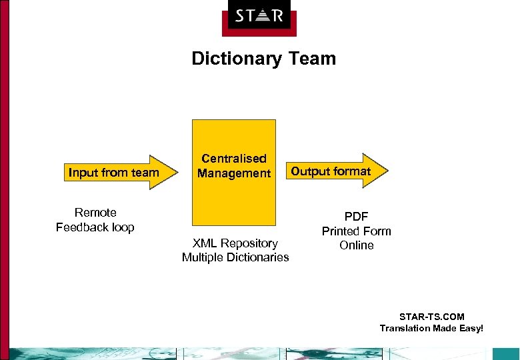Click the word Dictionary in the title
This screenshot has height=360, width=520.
point(238,59)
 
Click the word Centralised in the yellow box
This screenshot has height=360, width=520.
point(234,159)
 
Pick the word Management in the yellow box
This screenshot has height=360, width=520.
point(234,173)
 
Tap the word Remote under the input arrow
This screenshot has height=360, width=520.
point(95,213)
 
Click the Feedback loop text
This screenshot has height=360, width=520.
point(95,227)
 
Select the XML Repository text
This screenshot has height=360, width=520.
point(235,243)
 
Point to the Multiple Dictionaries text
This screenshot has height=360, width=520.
point(235,257)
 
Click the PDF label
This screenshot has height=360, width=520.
point(356,217)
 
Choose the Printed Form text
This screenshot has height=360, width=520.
point(356,231)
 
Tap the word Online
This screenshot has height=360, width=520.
point(356,245)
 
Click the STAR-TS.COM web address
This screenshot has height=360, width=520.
point(431,317)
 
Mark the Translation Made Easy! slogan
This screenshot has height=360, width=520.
point(431,328)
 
